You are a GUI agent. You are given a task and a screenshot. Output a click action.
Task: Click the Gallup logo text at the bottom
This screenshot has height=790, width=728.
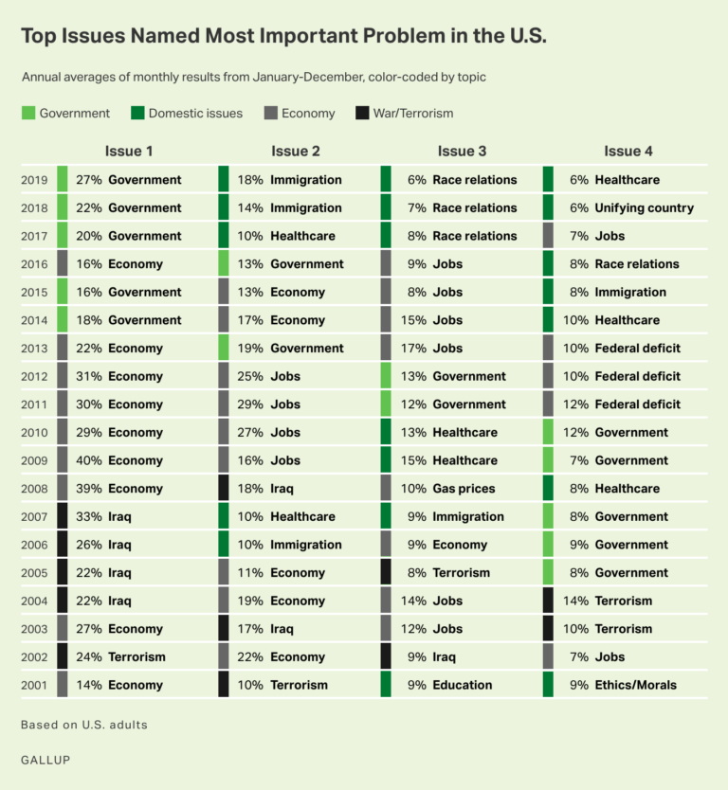(45, 760)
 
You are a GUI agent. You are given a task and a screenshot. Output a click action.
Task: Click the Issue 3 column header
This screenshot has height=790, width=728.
(462, 151)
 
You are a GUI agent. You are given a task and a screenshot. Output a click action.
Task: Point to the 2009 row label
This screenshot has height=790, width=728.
(34, 460)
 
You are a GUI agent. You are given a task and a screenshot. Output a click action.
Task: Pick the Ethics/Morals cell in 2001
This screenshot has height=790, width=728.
(625, 685)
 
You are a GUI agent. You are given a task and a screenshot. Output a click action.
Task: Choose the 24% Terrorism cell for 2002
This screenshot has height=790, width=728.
(120, 656)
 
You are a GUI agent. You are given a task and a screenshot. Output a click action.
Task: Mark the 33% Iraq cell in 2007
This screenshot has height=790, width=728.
(104, 516)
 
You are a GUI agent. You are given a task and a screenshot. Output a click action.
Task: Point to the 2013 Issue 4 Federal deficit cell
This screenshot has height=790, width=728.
(626, 349)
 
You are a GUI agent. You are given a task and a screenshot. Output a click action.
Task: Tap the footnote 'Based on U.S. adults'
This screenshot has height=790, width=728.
(84, 725)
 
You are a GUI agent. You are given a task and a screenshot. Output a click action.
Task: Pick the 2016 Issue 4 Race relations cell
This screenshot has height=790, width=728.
(626, 264)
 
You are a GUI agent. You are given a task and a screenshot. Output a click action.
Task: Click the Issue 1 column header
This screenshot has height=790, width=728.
(129, 151)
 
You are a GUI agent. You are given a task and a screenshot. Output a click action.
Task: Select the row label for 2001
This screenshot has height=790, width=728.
(34, 685)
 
